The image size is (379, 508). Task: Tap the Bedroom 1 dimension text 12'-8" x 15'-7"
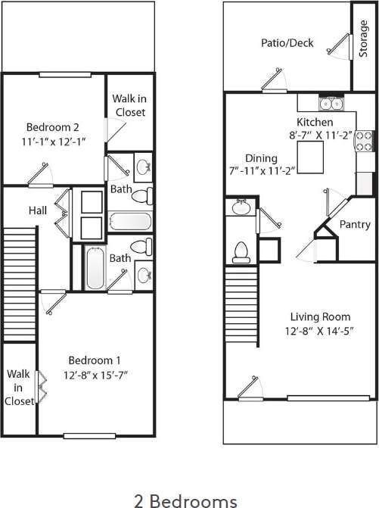pos(95,373)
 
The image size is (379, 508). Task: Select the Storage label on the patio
pos(363,39)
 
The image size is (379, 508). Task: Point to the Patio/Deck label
pos(287,43)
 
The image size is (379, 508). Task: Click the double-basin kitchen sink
pos(331,104)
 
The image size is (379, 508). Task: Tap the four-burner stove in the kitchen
pos(365,139)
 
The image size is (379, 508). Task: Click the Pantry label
pos(355,225)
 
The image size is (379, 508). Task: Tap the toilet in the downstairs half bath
pos(241,251)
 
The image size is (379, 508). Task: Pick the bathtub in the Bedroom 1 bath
pos(95,268)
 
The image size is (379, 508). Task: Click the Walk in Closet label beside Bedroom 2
pos(129,105)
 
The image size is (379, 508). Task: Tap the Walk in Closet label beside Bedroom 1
pos(19,388)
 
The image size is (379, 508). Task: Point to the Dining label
pos(255,158)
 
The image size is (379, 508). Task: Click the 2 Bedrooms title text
pos(185,500)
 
